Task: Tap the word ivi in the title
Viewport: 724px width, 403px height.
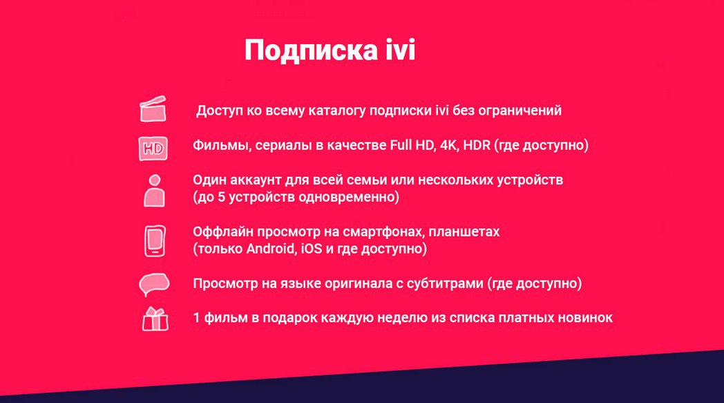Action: coord(401,49)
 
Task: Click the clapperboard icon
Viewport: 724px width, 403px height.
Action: coord(153,109)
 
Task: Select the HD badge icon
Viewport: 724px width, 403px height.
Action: coord(153,149)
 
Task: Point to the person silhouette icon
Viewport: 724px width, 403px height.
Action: coord(154,190)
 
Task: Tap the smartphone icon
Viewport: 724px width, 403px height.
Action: coord(155,241)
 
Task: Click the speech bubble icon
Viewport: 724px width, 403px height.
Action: coord(154,284)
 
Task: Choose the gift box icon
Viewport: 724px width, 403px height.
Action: coord(155,319)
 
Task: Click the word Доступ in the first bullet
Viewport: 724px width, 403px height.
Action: coord(220,111)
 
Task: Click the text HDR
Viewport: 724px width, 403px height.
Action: coord(477,145)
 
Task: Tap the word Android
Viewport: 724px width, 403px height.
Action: coord(270,249)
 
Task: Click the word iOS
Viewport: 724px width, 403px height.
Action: coord(311,249)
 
